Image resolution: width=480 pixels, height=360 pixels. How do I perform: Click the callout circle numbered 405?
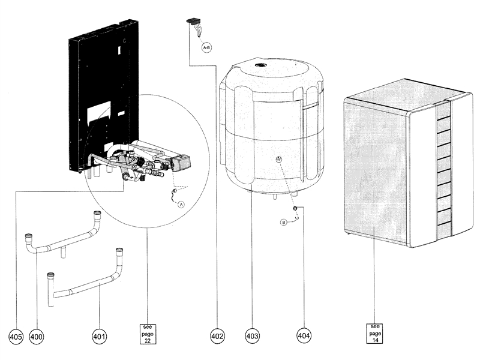point(16,337)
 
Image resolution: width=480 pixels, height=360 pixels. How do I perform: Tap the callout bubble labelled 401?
point(99,337)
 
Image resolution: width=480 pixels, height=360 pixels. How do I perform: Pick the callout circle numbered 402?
point(217,337)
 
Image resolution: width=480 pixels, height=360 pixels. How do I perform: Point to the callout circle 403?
point(253,337)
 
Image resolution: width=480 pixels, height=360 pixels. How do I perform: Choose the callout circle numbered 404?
point(304,337)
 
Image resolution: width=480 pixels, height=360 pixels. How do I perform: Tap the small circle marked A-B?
point(206,46)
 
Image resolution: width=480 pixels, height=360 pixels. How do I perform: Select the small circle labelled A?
point(181,204)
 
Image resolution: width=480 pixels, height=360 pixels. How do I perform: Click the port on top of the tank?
point(260,65)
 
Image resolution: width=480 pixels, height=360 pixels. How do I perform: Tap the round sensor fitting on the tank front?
point(278,158)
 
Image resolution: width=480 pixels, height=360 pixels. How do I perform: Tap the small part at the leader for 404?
point(296,208)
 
